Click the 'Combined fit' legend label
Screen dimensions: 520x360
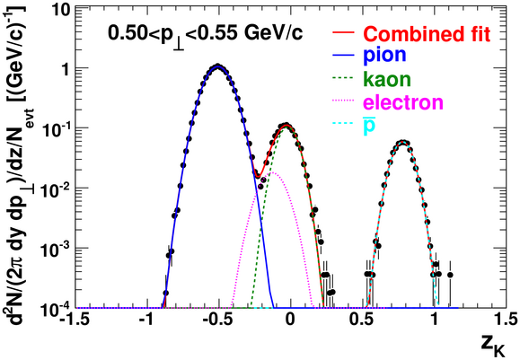click(427, 33)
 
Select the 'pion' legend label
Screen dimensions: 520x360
click(384, 55)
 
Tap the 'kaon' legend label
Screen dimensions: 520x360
click(387, 79)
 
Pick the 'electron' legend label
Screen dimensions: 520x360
click(403, 102)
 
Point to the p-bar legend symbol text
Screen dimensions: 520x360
click(369, 127)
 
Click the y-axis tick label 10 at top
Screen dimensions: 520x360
click(61, 11)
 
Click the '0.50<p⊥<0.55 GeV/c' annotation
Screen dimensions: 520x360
click(206, 35)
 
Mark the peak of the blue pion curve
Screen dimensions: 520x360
click(217, 66)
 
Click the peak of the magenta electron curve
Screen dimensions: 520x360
click(273, 172)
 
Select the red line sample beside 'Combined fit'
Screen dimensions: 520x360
click(344, 33)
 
